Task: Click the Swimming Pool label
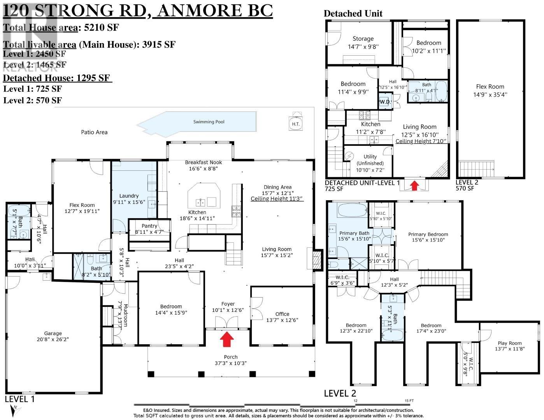coord(209,122)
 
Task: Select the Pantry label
coord(149,226)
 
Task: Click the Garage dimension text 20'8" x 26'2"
coord(53,339)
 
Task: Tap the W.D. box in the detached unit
coord(384,102)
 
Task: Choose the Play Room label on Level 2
coord(509,343)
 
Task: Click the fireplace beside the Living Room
coord(317,260)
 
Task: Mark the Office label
coord(282,314)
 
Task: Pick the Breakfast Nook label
coord(204,163)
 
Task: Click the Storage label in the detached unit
coord(363,39)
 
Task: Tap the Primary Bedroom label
coord(428,234)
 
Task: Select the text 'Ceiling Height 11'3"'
coord(277,199)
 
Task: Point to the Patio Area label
coord(94,132)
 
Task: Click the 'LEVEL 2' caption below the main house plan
coord(340,394)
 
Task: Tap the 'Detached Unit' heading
coord(353,14)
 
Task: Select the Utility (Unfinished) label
coord(370,160)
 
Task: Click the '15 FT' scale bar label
coord(409,400)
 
